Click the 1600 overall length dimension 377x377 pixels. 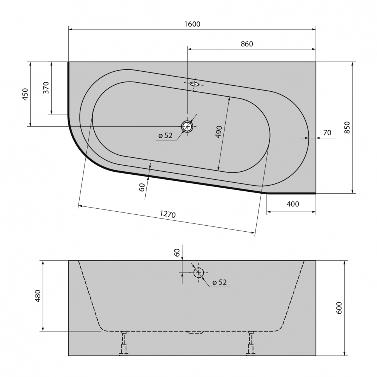[192, 24]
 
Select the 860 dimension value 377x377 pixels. [247, 44]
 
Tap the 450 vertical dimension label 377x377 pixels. [25, 94]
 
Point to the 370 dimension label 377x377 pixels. [46, 88]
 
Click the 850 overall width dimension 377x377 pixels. [347, 128]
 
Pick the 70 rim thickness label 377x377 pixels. [327, 132]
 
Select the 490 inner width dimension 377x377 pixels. [219, 132]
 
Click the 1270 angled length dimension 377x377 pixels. [168, 214]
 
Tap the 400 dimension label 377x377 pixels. [293, 204]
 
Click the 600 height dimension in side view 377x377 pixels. [339, 308]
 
